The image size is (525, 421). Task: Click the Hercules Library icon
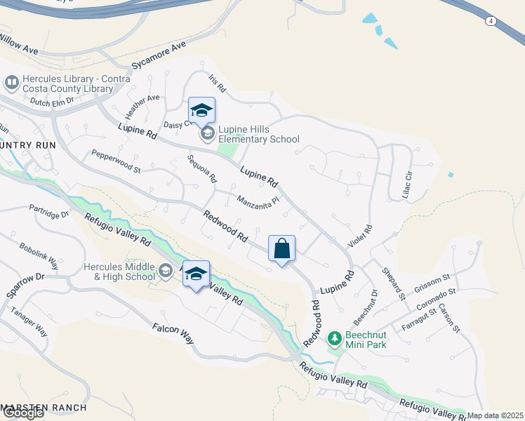pyautogui.click(x=11, y=83)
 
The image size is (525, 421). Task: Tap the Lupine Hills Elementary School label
pyautogui.click(x=258, y=134)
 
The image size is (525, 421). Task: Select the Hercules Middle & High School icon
pyautogui.click(x=166, y=271)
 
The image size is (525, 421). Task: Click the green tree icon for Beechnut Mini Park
pyautogui.click(x=335, y=339)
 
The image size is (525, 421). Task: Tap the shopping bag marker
pyautogui.click(x=281, y=248)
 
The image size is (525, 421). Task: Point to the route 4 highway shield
pyautogui.click(x=491, y=21)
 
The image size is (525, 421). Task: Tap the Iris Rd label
pyautogui.click(x=217, y=84)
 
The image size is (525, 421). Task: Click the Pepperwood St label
pyautogui.click(x=116, y=161)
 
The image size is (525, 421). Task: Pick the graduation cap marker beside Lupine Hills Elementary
pyautogui.click(x=201, y=110)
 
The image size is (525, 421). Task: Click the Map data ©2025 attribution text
pyautogui.click(x=496, y=415)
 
